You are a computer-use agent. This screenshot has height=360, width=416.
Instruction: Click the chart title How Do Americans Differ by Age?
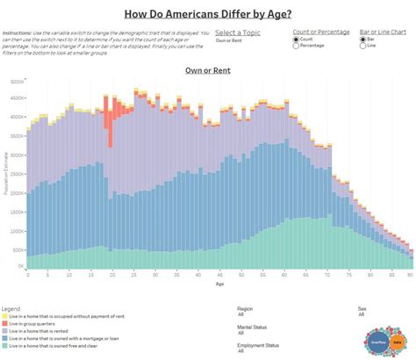[x=208, y=13]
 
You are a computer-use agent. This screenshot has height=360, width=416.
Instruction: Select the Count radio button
[x=298, y=39]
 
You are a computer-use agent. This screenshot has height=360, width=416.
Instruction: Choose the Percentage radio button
[x=298, y=46]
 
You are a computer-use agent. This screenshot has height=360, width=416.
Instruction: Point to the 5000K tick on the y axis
[x=16, y=80]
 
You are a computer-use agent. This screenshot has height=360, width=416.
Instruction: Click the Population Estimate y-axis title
[x=5, y=172]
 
